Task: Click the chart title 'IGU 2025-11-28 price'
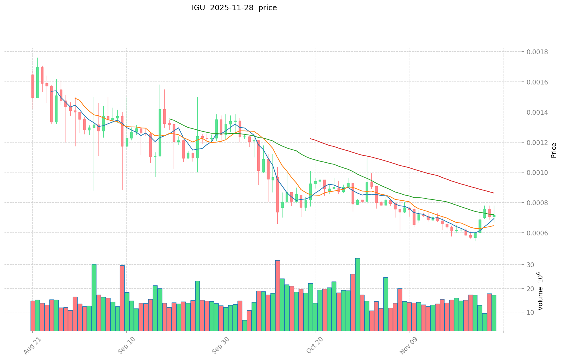pos(234,8)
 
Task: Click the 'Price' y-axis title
pos(554,150)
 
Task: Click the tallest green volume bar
pos(357,295)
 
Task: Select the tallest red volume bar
pos(278,296)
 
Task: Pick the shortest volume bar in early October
pos(245,326)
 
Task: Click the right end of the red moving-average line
pos(494,193)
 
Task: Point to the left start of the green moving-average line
pos(169,119)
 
